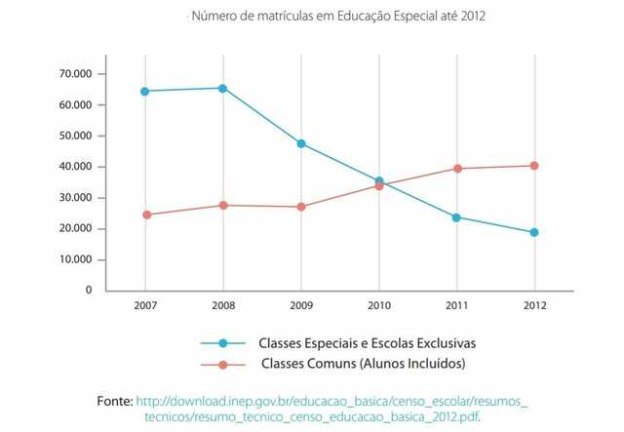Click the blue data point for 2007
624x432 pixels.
click(145, 91)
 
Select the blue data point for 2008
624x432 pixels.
click(223, 88)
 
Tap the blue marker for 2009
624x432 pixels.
click(301, 143)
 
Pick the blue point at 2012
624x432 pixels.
click(534, 232)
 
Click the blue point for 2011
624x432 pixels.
click(456, 217)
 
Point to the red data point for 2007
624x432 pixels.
click(146, 215)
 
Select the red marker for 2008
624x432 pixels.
click(223, 205)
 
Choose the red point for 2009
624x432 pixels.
click(301, 207)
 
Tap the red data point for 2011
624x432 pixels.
click(456, 169)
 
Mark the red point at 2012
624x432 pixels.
click(534, 166)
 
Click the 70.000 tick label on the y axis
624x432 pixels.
click(75, 74)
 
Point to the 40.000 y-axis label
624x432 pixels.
click(75, 167)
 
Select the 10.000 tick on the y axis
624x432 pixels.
click(75, 259)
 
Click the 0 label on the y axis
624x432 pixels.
click(88, 291)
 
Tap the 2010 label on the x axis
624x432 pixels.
click(379, 306)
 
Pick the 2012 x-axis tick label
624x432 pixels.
click(534, 306)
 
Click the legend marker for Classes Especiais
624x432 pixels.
click(222, 343)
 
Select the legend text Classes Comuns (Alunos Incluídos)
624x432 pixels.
click(364, 364)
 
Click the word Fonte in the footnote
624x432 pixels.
click(114, 401)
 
